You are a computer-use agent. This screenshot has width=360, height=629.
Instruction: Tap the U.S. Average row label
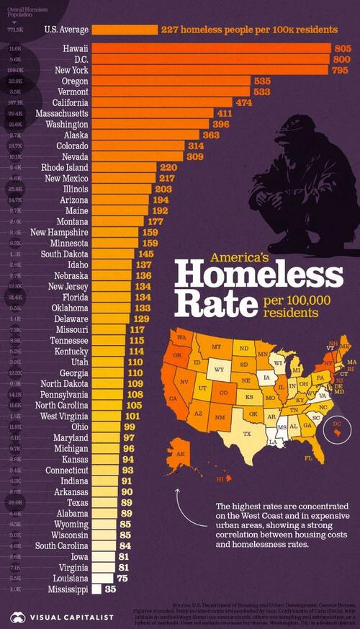click(66, 30)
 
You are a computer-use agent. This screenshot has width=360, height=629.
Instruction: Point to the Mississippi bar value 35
click(110, 589)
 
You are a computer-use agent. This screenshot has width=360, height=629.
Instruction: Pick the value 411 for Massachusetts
click(224, 114)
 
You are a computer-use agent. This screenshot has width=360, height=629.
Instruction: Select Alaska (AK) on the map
click(180, 455)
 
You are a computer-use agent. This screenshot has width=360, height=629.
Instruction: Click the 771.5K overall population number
click(14, 30)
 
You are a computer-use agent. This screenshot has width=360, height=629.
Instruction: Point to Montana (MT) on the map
click(215, 347)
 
